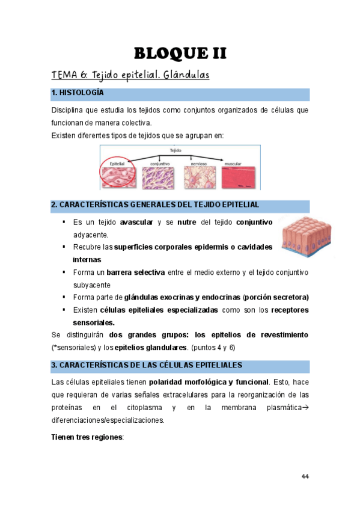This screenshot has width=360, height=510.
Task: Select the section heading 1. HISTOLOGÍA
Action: (78, 93)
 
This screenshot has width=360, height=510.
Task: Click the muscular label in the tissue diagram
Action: (233, 162)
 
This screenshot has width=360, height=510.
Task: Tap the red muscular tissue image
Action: (239, 178)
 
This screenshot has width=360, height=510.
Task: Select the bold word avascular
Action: (136, 223)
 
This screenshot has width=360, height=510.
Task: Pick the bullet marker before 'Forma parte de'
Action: (63, 297)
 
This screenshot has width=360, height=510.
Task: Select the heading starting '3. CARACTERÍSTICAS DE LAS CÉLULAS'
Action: (146, 365)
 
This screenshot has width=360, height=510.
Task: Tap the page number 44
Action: (305, 476)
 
